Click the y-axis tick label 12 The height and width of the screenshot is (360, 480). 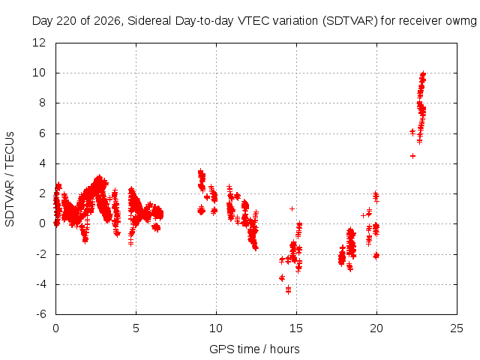click(x=39, y=43)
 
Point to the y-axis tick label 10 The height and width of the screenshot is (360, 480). click(x=39, y=73)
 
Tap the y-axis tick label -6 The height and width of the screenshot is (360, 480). click(x=41, y=314)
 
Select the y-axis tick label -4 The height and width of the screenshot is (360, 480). click(x=41, y=284)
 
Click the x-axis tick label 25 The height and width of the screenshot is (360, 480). click(x=457, y=328)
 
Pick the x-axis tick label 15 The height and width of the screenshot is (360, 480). click(x=296, y=328)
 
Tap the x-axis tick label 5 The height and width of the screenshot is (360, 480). click(x=136, y=328)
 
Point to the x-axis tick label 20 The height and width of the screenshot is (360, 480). click(x=376, y=328)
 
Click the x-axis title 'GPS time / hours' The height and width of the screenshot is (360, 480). click(x=254, y=349)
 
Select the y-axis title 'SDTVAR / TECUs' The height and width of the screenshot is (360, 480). click(x=10, y=179)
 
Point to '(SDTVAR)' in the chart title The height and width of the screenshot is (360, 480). click(x=350, y=21)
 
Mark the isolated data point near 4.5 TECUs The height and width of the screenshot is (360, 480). click(x=412, y=156)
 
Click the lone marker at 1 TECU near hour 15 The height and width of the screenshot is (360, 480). click(x=292, y=208)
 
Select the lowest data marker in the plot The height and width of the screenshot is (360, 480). click(x=288, y=292)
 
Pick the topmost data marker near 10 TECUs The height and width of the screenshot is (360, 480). click(x=423, y=73)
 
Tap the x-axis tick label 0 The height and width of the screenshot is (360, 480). click(x=55, y=328)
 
